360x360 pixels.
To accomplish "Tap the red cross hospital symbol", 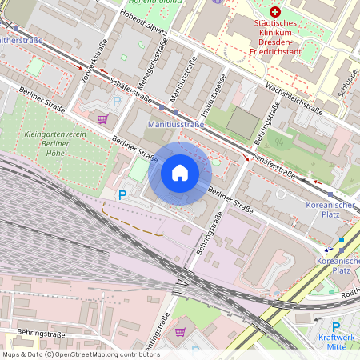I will point(276,12).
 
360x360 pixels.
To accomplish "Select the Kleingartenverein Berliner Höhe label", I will point(56,143).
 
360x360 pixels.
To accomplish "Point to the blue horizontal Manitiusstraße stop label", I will point(176,126).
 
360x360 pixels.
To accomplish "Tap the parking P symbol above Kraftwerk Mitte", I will point(336,326).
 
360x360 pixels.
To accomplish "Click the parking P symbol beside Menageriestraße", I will point(117,101).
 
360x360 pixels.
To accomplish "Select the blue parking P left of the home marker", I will point(122,194).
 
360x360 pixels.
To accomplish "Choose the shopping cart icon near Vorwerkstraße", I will point(102,119).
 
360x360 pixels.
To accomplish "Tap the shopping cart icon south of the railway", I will point(181,331).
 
